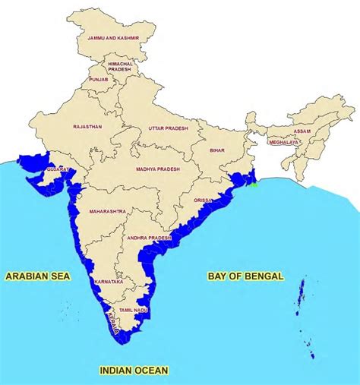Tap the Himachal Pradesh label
tap(120, 67)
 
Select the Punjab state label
tap(100, 78)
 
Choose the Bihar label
tap(218, 151)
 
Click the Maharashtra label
tap(108, 211)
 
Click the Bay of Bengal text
tap(245, 276)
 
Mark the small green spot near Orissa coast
tap(255, 183)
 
